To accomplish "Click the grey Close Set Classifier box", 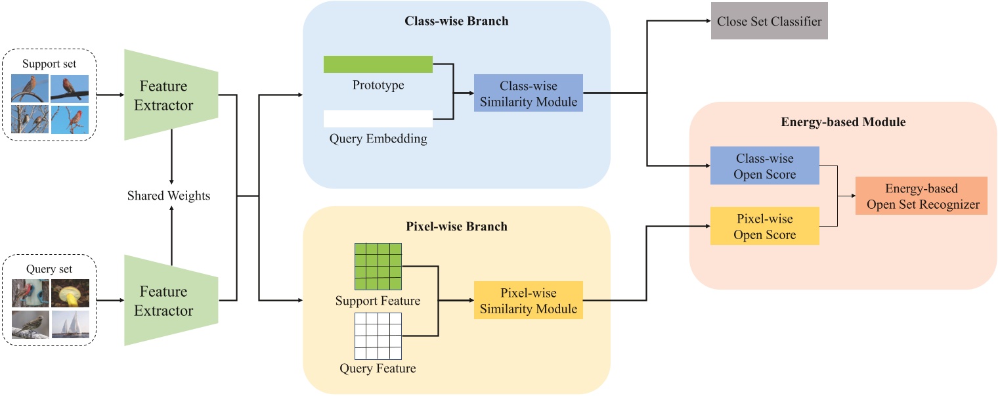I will [769, 22].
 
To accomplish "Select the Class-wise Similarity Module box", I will [528, 93].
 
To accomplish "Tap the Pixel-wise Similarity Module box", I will [528, 300].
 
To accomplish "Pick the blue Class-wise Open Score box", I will [764, 166].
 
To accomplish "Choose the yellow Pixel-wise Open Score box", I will [764, 227].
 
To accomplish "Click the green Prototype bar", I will [378, 64].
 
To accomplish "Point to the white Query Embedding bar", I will [378, 119].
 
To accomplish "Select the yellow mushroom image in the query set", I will [70, 294].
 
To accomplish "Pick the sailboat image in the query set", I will [70, 324].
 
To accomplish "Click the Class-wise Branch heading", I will [456, 21].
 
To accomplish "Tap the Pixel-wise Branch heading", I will [456, 227].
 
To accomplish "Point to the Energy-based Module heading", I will [843, 121].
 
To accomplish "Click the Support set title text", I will [49, 64].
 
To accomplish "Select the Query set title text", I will [49, 269].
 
